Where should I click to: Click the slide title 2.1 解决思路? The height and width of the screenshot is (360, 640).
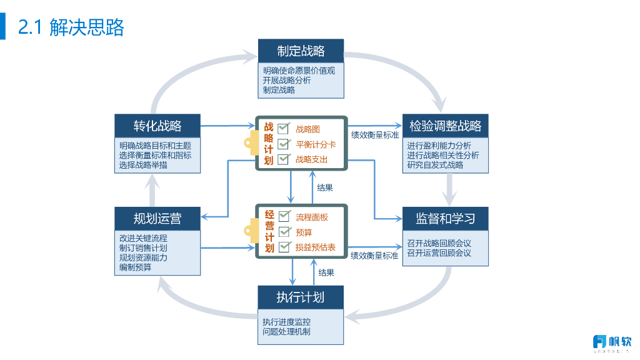click(x=71, y=27)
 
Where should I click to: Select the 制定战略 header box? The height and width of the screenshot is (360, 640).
click(x=301, y=51)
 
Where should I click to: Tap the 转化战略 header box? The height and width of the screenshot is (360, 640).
click(x=157, y=126)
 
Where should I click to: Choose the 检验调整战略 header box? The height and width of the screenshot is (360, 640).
click(x=445, y=126)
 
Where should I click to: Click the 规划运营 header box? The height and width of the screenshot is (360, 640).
click(x=157, y=219)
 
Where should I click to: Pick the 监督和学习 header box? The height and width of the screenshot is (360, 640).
click(x=445, y=219)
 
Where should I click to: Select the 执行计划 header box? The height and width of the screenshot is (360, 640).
click(x=301, y=296)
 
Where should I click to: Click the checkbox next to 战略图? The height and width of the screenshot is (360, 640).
click(x=284, y=129)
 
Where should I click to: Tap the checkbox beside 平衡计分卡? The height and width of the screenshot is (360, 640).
click(x=284, y=144)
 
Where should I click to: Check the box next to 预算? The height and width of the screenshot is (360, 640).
click(x=284, y=232)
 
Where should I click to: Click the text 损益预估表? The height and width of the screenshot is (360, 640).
click(x=316, y=247)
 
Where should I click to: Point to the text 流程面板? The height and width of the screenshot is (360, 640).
click(x=312, y=217)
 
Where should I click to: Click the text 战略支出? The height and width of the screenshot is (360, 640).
click(x=311, y=160)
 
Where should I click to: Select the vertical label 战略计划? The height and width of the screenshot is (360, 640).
click(x=269, y=144)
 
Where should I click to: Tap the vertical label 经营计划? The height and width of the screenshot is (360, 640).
click(x=269, y=231)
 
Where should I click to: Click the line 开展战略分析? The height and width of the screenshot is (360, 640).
click(x=287, y=80)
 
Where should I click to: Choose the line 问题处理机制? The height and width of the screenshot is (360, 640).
click(x=286, y=332)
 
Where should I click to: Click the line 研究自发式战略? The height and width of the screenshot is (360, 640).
click(x=435, y=165)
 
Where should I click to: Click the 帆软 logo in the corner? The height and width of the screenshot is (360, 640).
click(x=612, y=342)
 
